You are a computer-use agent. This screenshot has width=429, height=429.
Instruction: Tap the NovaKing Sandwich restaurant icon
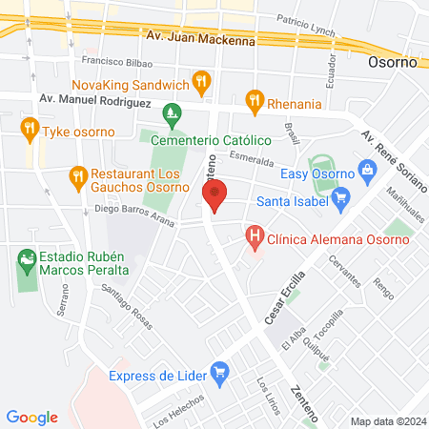coord(200,83)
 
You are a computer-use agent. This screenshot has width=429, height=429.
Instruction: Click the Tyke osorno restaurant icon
coord(30,128)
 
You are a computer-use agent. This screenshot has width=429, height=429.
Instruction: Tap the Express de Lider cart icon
coord(220,372)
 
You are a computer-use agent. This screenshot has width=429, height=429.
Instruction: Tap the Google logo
coord(32,417)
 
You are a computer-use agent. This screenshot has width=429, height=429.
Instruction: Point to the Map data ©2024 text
coord(386,420)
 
